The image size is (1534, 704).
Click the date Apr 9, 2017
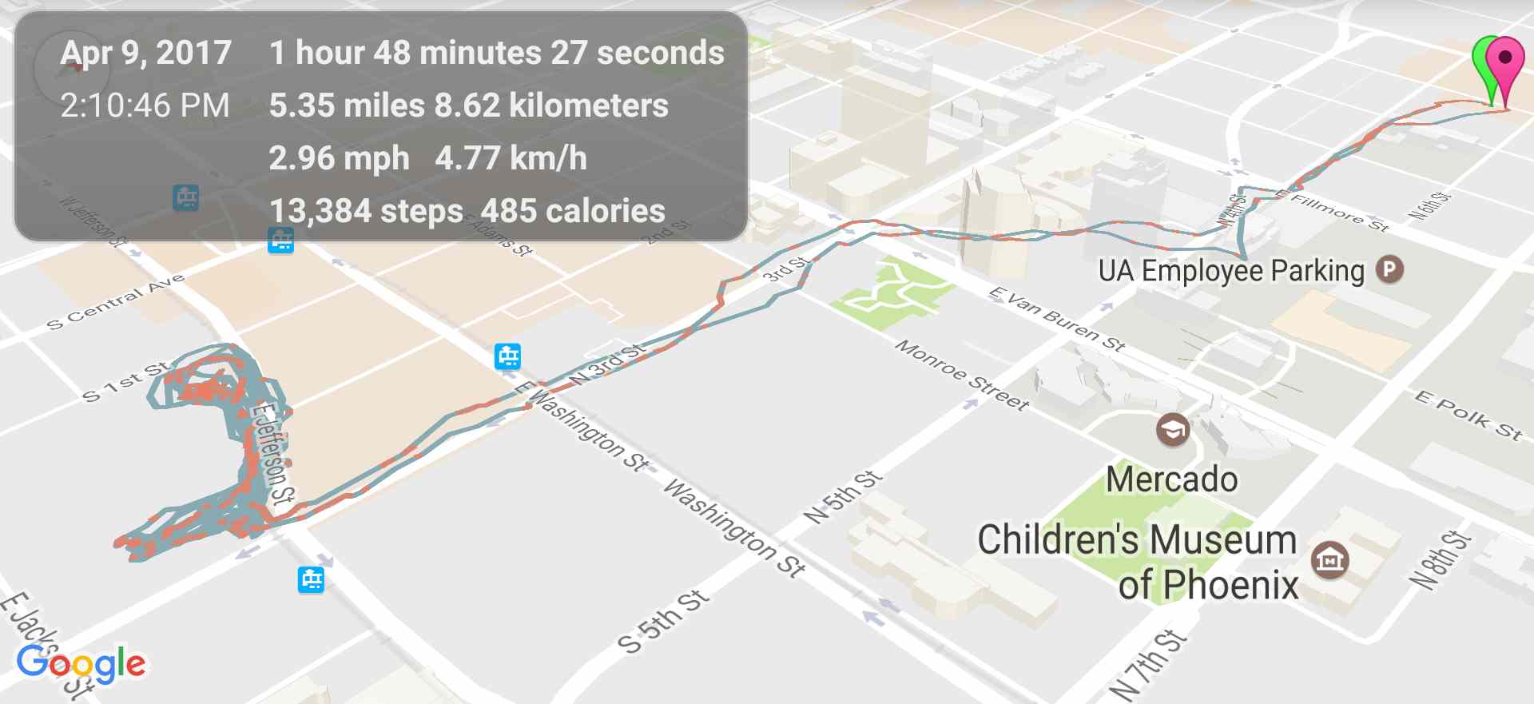click(146, 53)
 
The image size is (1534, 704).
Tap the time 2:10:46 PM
click(145, 105)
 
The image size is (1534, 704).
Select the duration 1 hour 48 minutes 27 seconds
click(496, 53)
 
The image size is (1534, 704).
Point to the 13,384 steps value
click(366, 211)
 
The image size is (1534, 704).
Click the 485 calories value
click(573, 211)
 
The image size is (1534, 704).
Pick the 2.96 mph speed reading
click(339, 158)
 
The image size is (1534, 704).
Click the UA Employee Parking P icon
click(1389, 269)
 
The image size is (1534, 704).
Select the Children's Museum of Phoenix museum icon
click(1329, 559)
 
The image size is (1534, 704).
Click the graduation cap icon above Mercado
click(1173, 430)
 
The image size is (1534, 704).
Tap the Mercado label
click(1171, 479)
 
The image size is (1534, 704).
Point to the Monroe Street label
click(961, 374)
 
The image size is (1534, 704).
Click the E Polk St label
click(1468, 415)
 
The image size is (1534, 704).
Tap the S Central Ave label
click(115, 301)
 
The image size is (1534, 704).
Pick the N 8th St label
click(1440, 559)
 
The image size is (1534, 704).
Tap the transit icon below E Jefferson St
click(311, 579)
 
